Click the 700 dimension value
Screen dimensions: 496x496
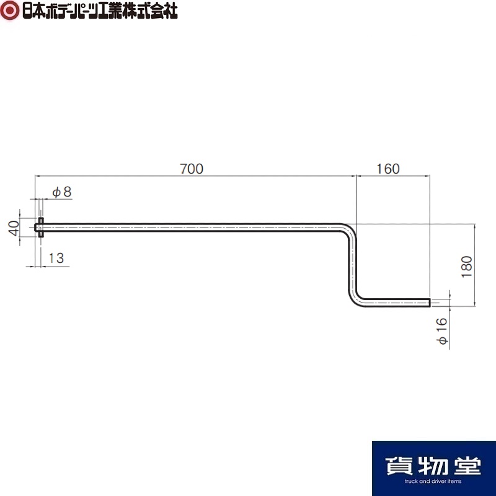192,169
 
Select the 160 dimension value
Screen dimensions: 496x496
388,169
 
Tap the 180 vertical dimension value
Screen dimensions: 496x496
467,267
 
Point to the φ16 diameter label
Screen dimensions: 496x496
441,331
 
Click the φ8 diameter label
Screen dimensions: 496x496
62,192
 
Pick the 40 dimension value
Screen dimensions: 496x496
14,228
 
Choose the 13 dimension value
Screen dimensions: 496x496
56,258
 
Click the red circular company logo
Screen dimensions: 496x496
10,11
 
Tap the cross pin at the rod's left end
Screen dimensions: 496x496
41,228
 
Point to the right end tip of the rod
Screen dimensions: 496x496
430,303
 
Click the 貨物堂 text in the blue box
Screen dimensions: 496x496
433,466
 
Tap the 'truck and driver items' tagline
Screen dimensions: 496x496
433,481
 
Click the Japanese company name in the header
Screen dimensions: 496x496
100,11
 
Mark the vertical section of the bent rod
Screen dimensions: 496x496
352,265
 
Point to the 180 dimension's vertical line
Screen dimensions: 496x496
475,265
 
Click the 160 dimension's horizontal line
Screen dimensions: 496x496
393,175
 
